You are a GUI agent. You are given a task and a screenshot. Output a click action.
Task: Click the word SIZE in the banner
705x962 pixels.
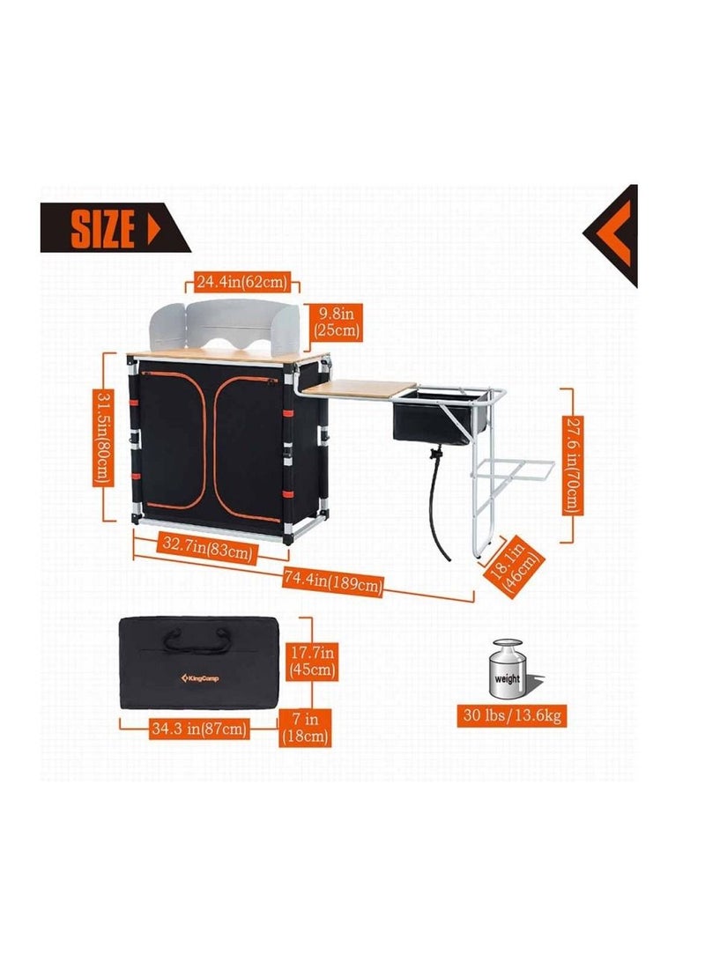tap(102, 228)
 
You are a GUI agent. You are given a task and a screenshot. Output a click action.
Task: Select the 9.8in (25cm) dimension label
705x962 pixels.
tap(337, 322)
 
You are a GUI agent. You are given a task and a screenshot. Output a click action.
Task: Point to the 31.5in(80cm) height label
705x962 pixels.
tap(104, 438)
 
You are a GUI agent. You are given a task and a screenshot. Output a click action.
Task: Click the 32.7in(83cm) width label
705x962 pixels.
tap(207, 547)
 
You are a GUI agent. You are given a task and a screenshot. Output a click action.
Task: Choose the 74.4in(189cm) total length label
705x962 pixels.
tap(333, 581)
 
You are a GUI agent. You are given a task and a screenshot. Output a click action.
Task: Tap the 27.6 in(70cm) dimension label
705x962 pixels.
tap(573, 465)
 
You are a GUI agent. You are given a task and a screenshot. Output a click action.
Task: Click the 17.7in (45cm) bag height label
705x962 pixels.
tap(312, 660)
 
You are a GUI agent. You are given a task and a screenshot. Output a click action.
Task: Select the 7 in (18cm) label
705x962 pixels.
tap(305, 727)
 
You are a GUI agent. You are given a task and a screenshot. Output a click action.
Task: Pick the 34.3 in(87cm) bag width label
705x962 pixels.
tap(199, 729)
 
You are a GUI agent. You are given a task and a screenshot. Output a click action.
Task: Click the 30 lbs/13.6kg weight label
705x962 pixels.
tap(512, 716)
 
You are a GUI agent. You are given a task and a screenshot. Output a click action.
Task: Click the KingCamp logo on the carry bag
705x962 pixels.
tap(199, 678)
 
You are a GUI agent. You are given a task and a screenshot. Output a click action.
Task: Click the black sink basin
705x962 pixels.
tap(433, 418)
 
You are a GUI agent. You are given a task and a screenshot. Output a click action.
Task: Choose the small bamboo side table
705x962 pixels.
tap(359, 389)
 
